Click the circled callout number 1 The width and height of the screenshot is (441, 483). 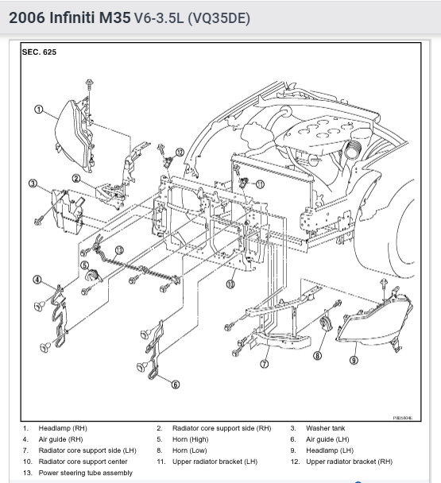click(38, 110)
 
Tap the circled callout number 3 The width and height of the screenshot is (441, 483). click(33, 184)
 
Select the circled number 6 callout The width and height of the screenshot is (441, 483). click(176, 384)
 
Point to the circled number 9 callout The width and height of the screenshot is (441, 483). click(354, 360)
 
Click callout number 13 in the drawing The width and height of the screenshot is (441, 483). click(119, 249)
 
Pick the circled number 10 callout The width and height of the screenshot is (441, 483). click(230, 284)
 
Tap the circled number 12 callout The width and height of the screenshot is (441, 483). click(180, 153)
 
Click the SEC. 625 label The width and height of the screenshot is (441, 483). click(39, 52)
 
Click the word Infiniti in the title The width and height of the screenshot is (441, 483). click(72, 17)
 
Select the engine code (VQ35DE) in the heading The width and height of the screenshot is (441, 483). click(219, 18)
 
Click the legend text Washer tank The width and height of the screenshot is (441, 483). click(326, 428)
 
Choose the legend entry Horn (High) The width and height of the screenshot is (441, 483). click(190, 439)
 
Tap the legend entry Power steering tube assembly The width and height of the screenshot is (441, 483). click(85, 473)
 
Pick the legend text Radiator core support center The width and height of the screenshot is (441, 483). click(83, 462)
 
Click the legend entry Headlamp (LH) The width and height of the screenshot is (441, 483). click(330, 450)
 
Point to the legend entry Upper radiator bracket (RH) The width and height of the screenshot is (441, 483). click(349, 462)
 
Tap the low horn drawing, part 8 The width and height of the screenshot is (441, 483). click(324, 324)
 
